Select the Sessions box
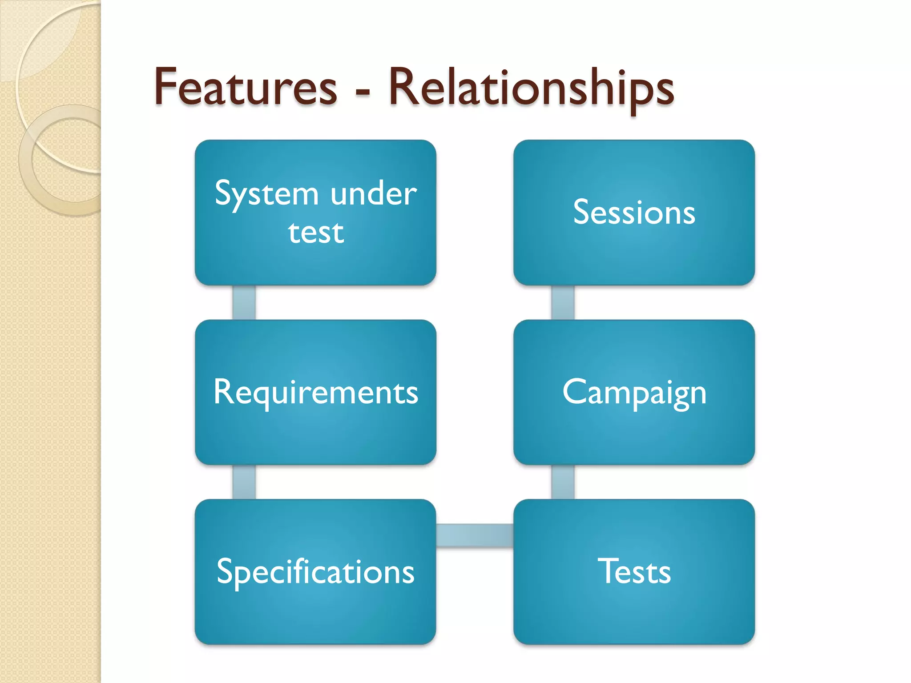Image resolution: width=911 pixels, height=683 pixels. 634,213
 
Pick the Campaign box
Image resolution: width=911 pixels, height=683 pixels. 634,392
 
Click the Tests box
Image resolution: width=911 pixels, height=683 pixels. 634,572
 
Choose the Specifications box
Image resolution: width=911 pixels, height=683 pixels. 315,572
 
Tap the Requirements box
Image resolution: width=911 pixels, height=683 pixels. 315,392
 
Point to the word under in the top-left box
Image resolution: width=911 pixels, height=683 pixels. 374,194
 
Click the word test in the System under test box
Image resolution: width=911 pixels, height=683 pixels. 316,233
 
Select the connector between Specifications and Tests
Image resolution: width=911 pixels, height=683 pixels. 475,535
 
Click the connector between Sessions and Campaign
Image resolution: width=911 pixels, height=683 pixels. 563,302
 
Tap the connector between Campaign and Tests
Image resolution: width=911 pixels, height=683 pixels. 563,482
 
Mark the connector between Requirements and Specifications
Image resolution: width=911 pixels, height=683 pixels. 244,482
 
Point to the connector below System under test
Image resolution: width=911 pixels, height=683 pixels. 244,302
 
